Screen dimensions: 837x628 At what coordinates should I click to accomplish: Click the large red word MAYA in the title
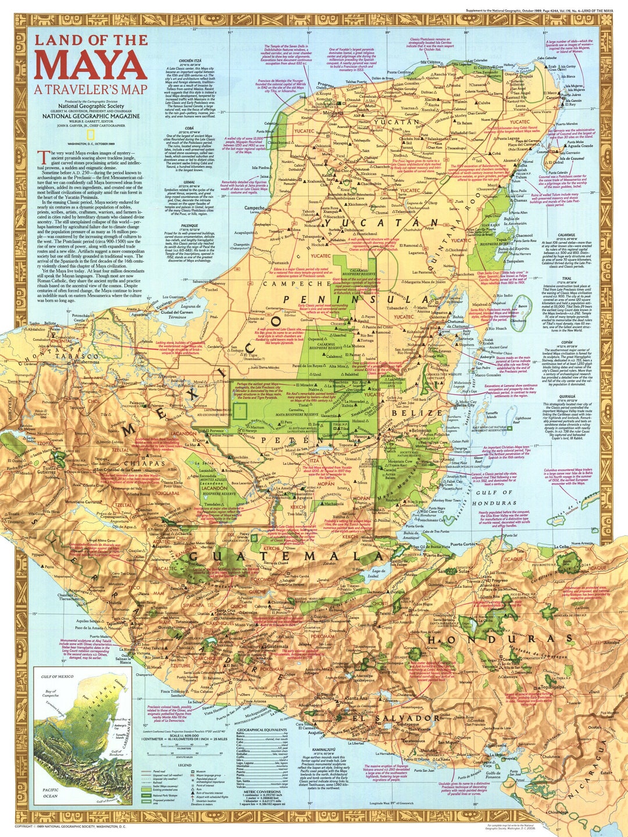90,65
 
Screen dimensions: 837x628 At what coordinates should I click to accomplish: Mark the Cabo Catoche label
547,58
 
